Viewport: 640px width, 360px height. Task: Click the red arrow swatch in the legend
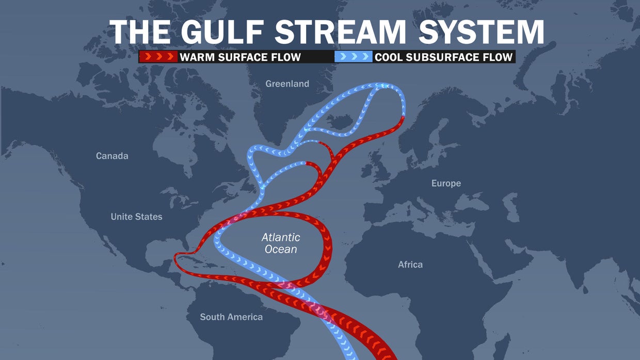point(158,57)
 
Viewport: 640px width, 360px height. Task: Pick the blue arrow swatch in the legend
point(354,57)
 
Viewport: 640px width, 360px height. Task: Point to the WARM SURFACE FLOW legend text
point(240,57)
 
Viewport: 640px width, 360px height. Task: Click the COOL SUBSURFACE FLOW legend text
point(444,57)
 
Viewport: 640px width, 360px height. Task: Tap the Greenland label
point(287,84)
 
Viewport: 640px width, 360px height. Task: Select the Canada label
point(112,156)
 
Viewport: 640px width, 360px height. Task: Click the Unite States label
point(136,217)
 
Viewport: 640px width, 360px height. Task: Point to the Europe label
point(446,183)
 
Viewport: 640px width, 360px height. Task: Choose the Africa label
point(410,265)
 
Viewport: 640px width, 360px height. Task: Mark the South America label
point(231,317)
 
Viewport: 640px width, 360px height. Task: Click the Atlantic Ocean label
point(281,243)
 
